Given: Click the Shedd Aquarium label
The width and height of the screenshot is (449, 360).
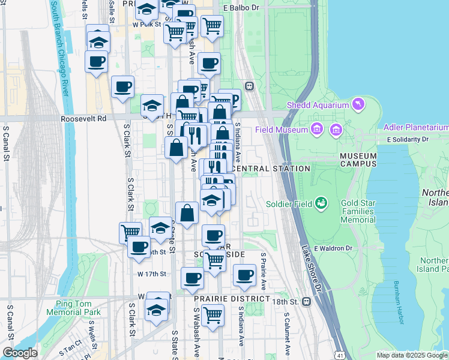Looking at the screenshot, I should pyautogui.click(x=318, y=105).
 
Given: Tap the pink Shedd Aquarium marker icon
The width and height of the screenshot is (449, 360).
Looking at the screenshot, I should pyautogui.click(x=359, y=104).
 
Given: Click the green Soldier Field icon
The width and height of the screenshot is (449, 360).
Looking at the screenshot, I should pyautogui.click(x=322, y=203).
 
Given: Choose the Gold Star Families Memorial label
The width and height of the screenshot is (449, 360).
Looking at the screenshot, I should pyautogui.click(x=358, y=211).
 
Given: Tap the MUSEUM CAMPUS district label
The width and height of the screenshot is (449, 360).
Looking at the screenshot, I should pyautogui.click(x=358, y=160).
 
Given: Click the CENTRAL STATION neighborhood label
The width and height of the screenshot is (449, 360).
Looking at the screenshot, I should pyautogui.click(x=270, y=169).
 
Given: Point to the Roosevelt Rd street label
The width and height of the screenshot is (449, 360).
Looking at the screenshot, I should pyautogui.click(x=83, y=119).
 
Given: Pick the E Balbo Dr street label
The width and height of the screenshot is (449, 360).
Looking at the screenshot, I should pyautogui.click(x=241, y=8).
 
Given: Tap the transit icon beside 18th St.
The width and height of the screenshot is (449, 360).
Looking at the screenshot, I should pyautogui.click(x=307, y=301).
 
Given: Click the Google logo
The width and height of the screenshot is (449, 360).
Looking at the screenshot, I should pyautogui.click(x=20, y=353).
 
